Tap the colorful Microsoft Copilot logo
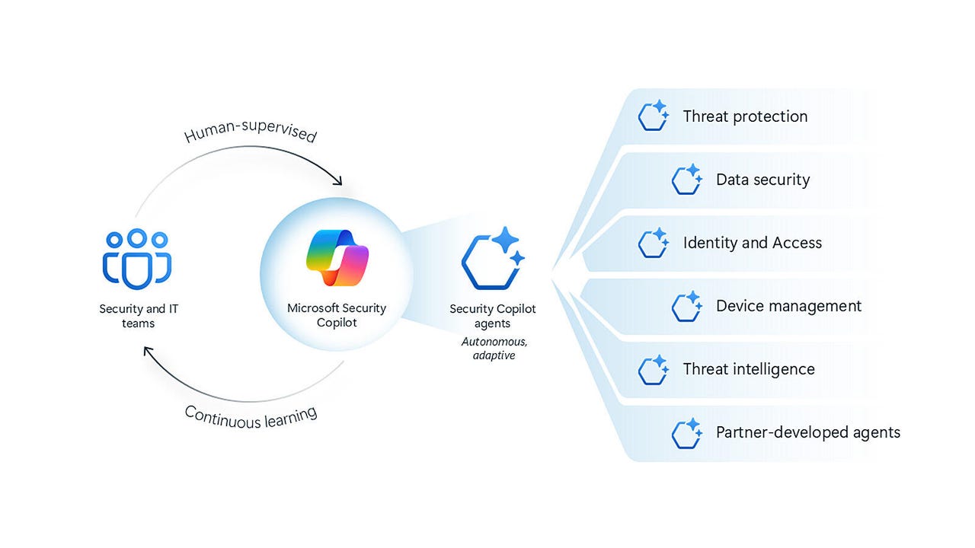click(x=336, y=256)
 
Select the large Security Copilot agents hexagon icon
click(x=493, y=259)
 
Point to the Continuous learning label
click(x=251, y=416)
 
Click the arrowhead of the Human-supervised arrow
click(x=337, y=181)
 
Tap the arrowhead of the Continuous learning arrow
click(x=149, y=351)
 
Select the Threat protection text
click(x=745, y=116)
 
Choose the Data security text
click(x=762, y=180)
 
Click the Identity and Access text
click(x=753, y=243)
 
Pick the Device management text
click(x=788, y=306)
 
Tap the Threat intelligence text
click(x=749, y=369)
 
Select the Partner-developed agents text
click(x=807, y=432)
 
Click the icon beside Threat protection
click(x=654, y=116)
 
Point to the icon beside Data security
click(x=686, y=180)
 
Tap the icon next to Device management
click(x=686, y=306)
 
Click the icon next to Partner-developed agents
click(x=686, y=432)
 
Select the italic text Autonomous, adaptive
click(x=494, y=349)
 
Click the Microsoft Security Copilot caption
click(x=336, y=315)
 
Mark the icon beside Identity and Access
click(x=654, y=243)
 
